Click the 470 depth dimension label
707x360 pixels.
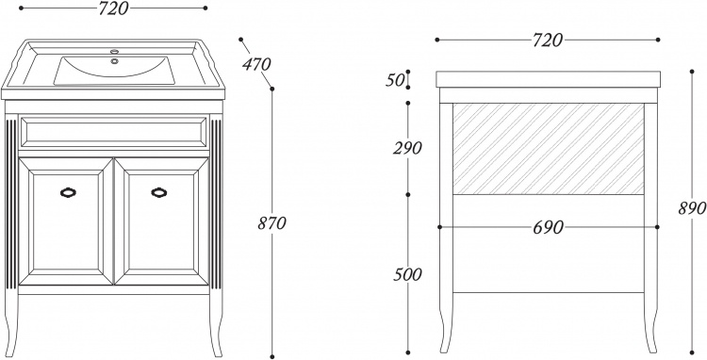[x=256, y=65]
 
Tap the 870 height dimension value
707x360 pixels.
[x=271, y=223]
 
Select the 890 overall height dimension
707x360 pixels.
[x=692, y=208]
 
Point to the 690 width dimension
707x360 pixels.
[x=548, y=227]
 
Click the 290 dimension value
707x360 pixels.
[x=407, y=148]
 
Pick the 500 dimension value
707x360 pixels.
[x=407, y=274]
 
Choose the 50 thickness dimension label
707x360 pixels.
[x=395, y=81]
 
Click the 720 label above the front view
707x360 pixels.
[x=114, y=8]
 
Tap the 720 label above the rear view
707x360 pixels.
[x=548, y=41]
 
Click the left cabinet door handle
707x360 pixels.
[x=68, y=192]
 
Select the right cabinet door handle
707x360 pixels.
[x=159, y=192]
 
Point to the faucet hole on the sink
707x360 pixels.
[x=114, y=52]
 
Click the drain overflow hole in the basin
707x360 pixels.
[x=114, y=61]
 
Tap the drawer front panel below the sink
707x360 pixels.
[x=114, y=132]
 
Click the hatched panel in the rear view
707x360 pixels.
[x=549, y=149]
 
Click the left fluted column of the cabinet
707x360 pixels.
[x=11, y=204]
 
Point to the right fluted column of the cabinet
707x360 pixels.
[x=216, y=204]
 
